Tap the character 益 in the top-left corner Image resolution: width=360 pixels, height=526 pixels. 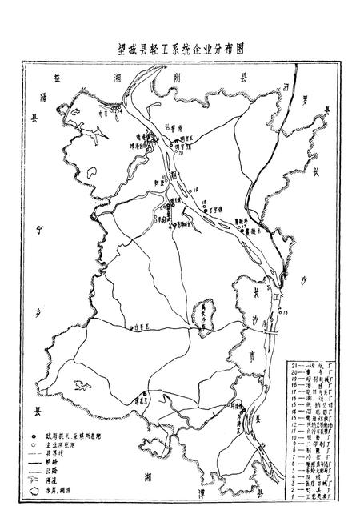pyautogui.click(x=57, y=78)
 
